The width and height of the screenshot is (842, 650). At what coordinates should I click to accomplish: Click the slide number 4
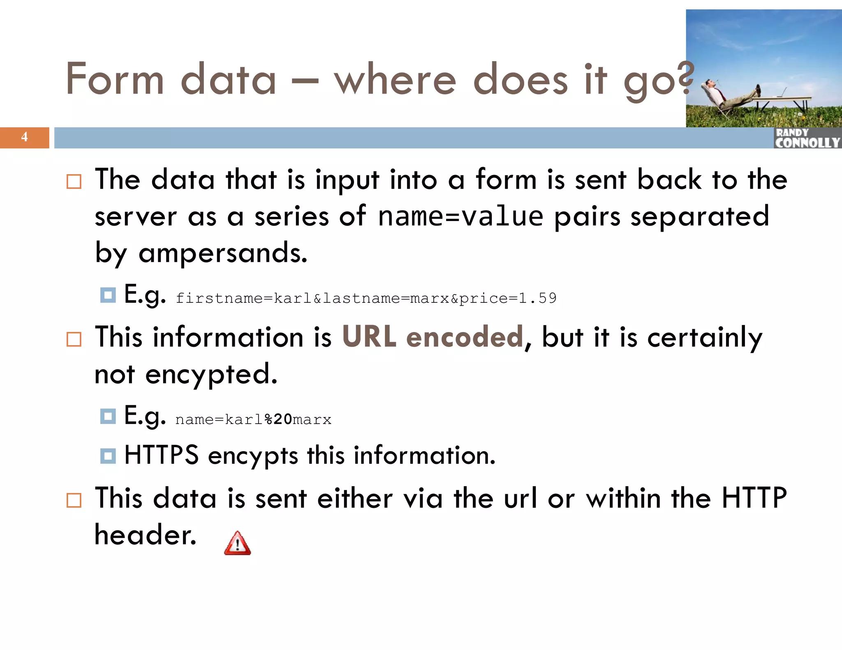(25, 137)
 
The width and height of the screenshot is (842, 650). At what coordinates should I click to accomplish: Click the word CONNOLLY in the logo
(807, 143)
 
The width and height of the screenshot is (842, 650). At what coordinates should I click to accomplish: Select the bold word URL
(369, 337)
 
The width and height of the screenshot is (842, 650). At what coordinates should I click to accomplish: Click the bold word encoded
(465, 337)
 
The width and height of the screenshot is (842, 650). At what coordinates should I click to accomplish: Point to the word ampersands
(222, 253)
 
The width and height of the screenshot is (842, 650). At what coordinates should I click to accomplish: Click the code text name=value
(460, 217)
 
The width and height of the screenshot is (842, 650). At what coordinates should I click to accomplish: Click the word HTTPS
(162, 455)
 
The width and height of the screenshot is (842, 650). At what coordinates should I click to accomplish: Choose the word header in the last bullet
(145, 535)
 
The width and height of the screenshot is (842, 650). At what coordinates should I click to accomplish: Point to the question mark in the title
(686, 78)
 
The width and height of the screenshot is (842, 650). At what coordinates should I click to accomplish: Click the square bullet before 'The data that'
(74, 181)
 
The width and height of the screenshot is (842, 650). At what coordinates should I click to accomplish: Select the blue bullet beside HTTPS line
(108, 456)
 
